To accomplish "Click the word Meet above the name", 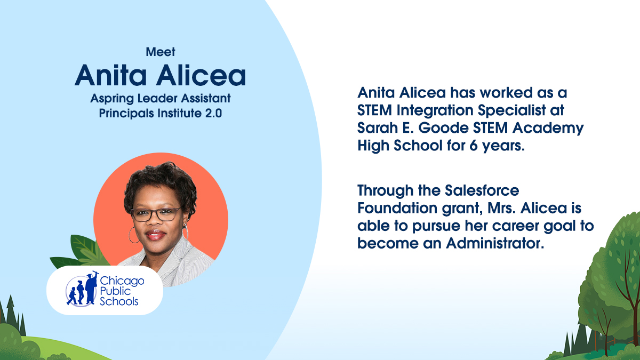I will coord(161,52).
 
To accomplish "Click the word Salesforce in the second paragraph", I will coord(480,190).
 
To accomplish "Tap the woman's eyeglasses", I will coord(155,214).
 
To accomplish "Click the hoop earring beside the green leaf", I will coord(132,235).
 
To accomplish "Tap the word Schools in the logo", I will coord(119,301).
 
